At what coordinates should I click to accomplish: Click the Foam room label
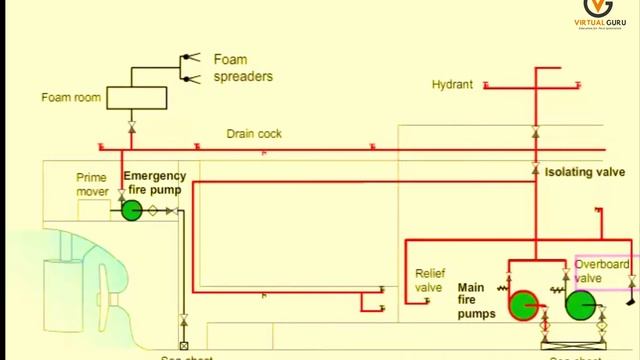tap(68, 98)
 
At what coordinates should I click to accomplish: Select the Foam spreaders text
tap(243, 67)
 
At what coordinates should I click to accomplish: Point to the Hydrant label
tap(452, 85)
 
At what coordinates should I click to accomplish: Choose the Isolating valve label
tap(585, 172)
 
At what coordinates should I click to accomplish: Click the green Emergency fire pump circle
tap(131, 210)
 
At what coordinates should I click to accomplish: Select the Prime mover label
tap(92, 184)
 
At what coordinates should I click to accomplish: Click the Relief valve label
tap(428, 279)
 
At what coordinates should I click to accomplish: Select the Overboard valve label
tap(602, 271)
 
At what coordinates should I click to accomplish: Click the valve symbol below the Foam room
tap(132, 127)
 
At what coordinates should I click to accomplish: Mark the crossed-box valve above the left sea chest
tap(184, 321)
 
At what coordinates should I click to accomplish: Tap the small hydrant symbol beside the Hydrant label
tap(484, 86)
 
